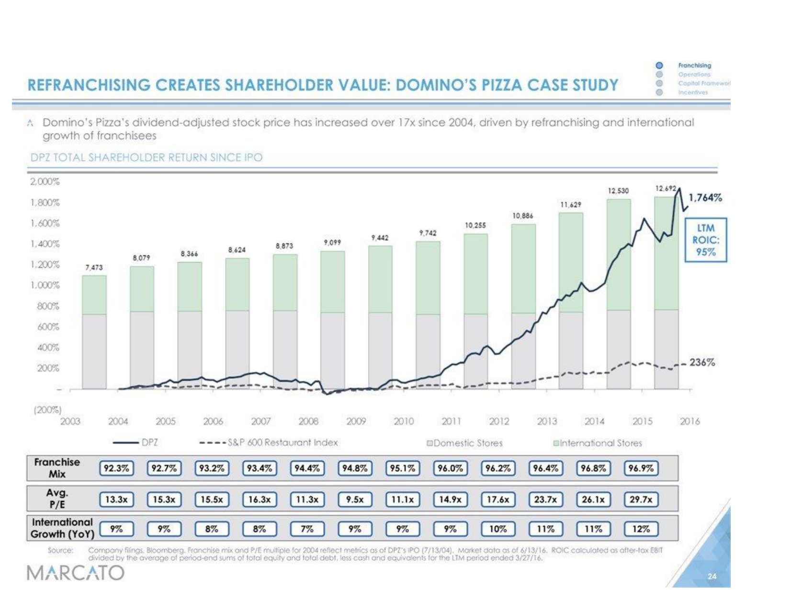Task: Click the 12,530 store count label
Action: tap(618, 190)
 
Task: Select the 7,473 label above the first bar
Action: tap(94, 267)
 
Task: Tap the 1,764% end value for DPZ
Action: tap(705, 198)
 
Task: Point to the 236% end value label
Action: tap(702, 362)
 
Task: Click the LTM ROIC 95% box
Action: tap(706, 240)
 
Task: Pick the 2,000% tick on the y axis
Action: tap(45, 182)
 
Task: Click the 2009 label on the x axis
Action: tap(356, 421)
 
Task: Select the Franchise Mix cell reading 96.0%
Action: tap(450, 468)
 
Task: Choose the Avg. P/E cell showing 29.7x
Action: tap(641, 499)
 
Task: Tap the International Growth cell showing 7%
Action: tap(307, 529)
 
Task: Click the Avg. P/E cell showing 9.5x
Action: tap(355, 499)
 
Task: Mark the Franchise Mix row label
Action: tap(57, 468)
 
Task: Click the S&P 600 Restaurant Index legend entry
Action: tap(270, 443)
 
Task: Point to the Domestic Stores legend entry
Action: tap(464, 443)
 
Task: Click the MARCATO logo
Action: tap(76, 573)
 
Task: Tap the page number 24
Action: tap(712, 576)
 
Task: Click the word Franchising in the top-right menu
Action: tap(694, 65)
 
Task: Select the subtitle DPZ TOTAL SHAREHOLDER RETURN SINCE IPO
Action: tap(146, 157)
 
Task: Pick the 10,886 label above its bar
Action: tap(522, 216)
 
